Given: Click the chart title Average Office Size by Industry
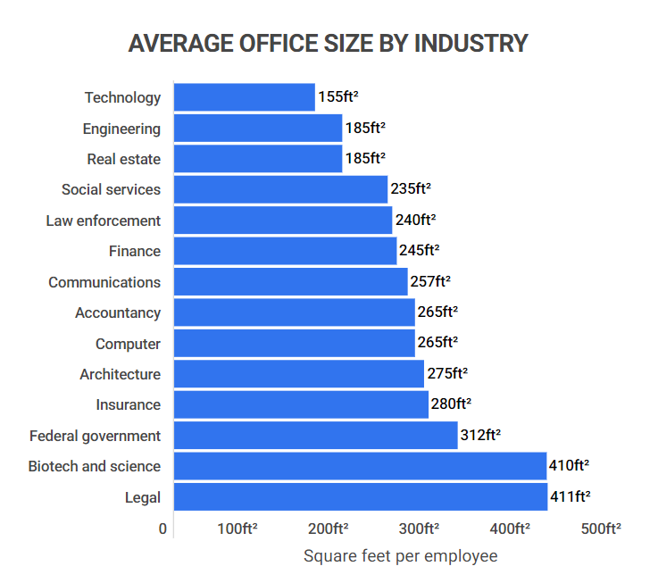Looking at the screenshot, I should point(329,43).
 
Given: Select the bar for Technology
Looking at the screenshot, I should point(244,97).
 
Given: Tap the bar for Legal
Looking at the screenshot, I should point(360,496).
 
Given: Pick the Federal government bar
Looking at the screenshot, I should point(315,435).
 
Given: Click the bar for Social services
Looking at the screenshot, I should point(280,189).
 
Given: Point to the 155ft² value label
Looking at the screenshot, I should point(338,97).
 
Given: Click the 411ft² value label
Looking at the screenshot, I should point(570,496).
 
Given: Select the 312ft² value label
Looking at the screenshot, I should point(480,435).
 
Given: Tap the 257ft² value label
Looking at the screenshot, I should point(430,282).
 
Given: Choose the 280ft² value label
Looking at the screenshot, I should point(451,404).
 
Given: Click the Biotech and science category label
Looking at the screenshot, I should point(95,466).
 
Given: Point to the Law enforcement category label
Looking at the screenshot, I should point(104,221).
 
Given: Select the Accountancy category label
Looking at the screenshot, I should point(118,312).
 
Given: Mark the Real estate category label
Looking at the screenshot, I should point(124,159).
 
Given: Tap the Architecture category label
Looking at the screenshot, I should point(121,374).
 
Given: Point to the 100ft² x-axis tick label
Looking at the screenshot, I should point(237,529).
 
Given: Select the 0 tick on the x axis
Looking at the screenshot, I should point(163,529).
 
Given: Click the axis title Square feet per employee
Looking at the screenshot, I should point(400,556).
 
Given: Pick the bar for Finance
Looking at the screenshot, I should point(285,251).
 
